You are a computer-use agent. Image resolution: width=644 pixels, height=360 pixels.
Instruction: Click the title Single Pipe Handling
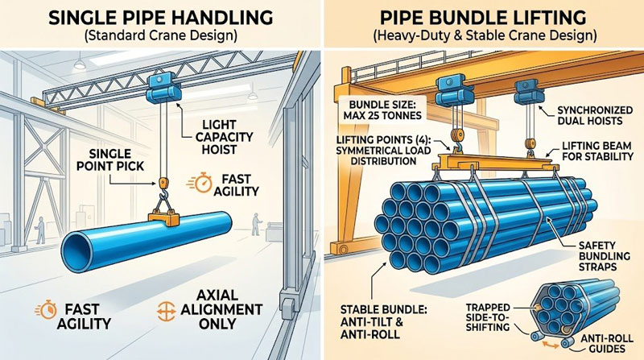coord(160,18)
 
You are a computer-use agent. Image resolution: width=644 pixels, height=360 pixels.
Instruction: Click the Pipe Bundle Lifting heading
coord(483,18)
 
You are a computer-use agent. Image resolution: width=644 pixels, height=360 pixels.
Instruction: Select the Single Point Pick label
coord(110,160)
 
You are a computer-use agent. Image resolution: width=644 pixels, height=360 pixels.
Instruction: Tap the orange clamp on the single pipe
coord(163,217)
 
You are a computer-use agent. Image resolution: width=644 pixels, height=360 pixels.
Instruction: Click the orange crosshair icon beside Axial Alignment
coord(166,311)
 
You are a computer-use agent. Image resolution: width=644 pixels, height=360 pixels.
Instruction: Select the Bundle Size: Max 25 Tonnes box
coord(382,109)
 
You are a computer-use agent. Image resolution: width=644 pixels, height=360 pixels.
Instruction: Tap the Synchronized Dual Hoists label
coord(595,115)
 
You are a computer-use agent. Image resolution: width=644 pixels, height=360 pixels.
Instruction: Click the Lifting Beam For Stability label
coord(597,151)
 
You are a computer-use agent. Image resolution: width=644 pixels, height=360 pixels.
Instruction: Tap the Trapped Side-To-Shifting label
coord(488,317)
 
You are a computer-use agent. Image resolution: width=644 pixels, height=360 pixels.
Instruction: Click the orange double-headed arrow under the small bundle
coord(551,343)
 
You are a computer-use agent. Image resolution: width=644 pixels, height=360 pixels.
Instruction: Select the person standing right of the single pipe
coord(256,224)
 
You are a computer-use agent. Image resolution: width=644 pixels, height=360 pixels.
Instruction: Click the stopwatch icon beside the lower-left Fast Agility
coord(46,310)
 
